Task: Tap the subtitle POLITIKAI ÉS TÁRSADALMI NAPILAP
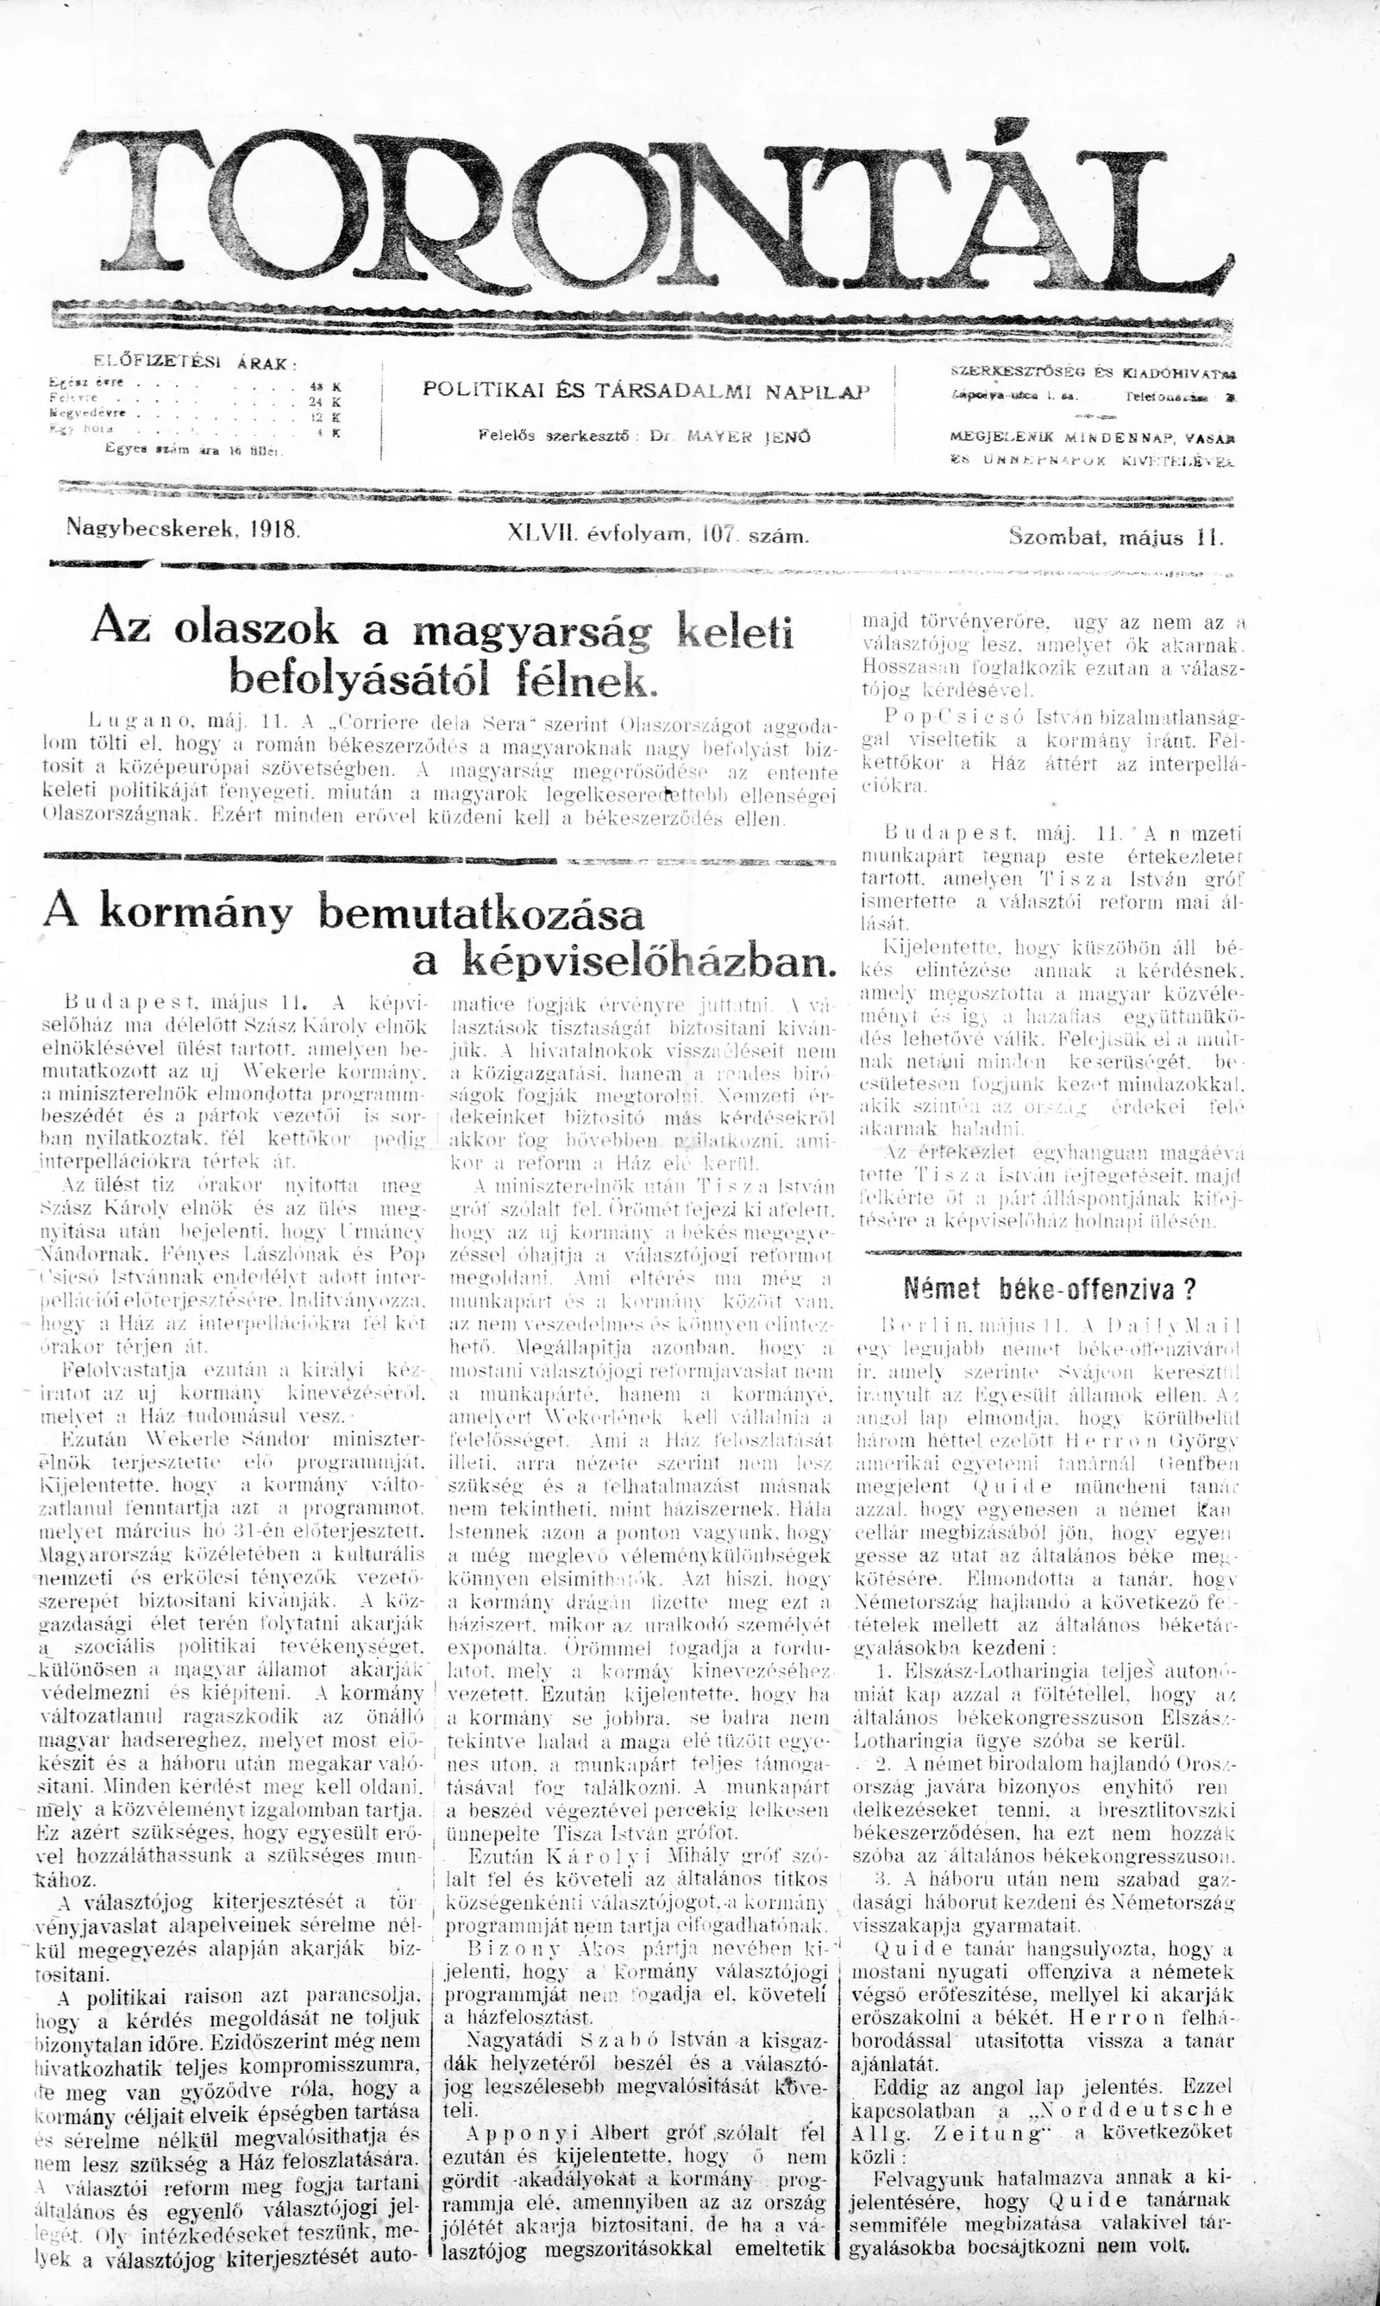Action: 644,391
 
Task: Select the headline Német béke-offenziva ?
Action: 1049,1288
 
